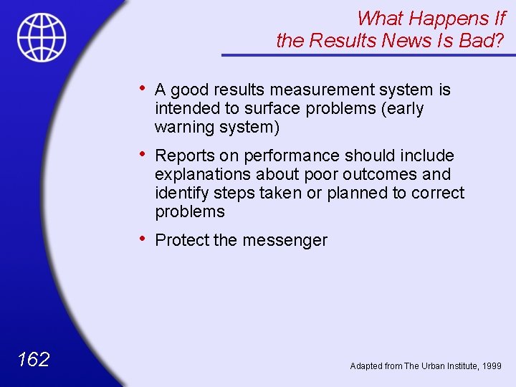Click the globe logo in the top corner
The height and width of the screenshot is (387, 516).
point(42,37)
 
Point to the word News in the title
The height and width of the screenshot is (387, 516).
point(411,41)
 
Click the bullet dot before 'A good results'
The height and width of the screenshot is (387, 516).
point(145,88)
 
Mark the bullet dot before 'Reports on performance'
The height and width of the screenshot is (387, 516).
point(145,154)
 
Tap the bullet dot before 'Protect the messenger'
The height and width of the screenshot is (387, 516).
point(145,239)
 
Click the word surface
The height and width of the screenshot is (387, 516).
point(271,108)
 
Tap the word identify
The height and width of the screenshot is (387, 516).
point(180,193)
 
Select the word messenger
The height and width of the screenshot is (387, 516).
point(285,240)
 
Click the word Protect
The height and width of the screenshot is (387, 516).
point(182,240)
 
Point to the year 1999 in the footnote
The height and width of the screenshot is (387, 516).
point(492,365)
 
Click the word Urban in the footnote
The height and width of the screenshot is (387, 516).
point(436,365)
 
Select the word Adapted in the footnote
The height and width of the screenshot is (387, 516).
point(366,365)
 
